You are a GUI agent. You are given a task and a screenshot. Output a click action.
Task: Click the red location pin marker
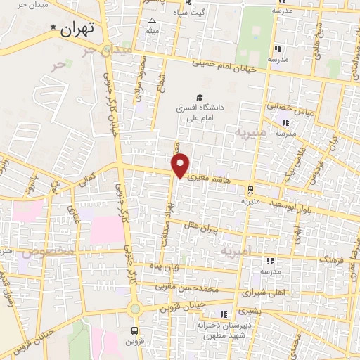(x=181, y=165)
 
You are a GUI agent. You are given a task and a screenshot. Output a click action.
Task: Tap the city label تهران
(x=77, y=29)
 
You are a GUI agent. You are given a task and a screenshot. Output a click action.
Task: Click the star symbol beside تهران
(x=54, y=27)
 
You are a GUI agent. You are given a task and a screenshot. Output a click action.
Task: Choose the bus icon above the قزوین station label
(x=134, y=329)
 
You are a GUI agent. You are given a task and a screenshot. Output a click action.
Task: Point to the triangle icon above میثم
(x=152, y=21)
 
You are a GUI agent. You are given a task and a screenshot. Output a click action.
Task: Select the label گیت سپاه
(x=209, y=13)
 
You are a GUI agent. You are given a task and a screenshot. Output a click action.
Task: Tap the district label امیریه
(x=235, y=250)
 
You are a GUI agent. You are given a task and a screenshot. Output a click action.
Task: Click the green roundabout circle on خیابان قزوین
(x=134, y=309)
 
